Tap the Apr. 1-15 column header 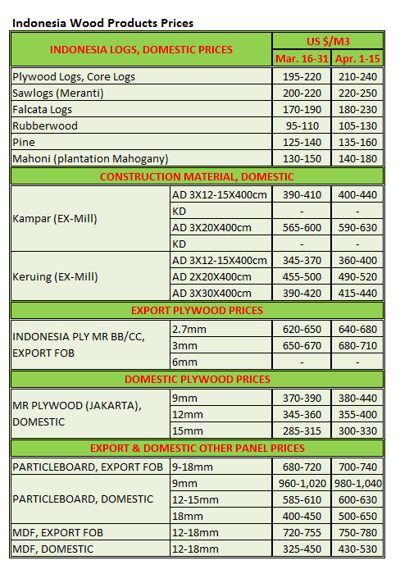pyautogui.click(x=357, y=59)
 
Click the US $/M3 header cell pyautogui.click(x=329, y=41)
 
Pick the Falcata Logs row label pyautogui.click(x=43, y=109)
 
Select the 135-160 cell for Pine pyautogui.click(x=357, y=142)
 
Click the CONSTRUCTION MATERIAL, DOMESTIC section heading pyautogui.click(x=197, y=176)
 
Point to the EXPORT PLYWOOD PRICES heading pyautogui.click(x=197, y=311)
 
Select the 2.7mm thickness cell pyautogui.click(x=187, y=328)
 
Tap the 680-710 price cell pyautogui.click(x=357, y=345)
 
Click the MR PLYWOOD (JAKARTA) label pyautogui.click(x=66, y=405)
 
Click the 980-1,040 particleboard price pyautogui.click(x=357, y=482)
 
